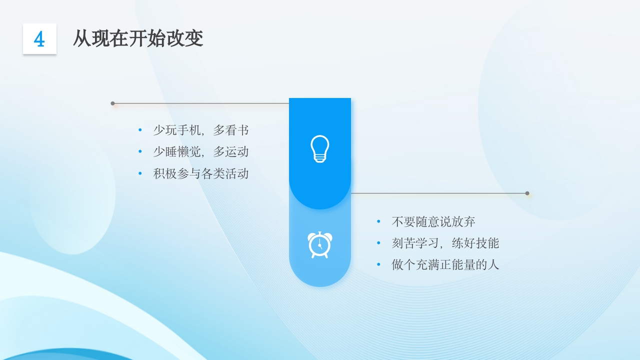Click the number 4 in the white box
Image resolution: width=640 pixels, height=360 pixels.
point(39,39)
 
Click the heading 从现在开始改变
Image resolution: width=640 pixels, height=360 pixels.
point(138,38)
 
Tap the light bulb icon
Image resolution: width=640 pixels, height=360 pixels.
point(319,149)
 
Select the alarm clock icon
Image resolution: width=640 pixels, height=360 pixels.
point(319,244)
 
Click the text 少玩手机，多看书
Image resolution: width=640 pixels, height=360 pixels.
point(200,130)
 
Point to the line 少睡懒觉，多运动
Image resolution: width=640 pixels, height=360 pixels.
point(200,152)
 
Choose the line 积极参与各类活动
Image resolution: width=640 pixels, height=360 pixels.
point(200,173)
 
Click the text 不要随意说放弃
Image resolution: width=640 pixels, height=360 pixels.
point(433,221)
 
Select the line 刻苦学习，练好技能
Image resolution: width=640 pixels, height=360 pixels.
point(445,243)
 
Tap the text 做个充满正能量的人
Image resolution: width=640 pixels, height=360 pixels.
point(445,264)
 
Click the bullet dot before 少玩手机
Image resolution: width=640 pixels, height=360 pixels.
point(140,130)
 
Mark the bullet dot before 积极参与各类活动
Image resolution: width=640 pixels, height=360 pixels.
point(140,173)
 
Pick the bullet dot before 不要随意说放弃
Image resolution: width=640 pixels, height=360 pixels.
point(378,221)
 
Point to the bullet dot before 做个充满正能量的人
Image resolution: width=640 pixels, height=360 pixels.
point(378,264)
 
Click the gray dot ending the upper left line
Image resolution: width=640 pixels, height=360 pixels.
point(112,103)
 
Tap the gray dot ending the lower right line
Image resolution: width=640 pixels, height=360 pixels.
point(527,193)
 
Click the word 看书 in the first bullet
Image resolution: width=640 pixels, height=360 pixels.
point(236,130)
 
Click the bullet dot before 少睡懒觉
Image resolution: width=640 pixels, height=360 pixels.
point(140,152)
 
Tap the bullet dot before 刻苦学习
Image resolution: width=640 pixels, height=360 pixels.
point(378,243)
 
